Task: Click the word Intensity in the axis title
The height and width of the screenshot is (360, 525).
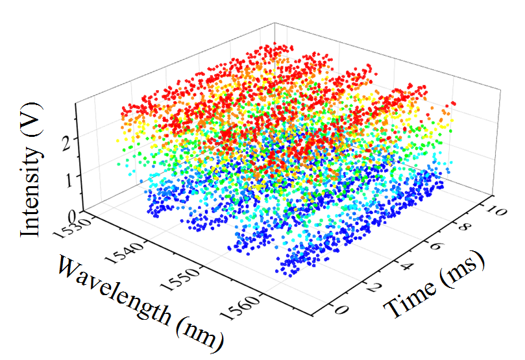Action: [29, 187]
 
